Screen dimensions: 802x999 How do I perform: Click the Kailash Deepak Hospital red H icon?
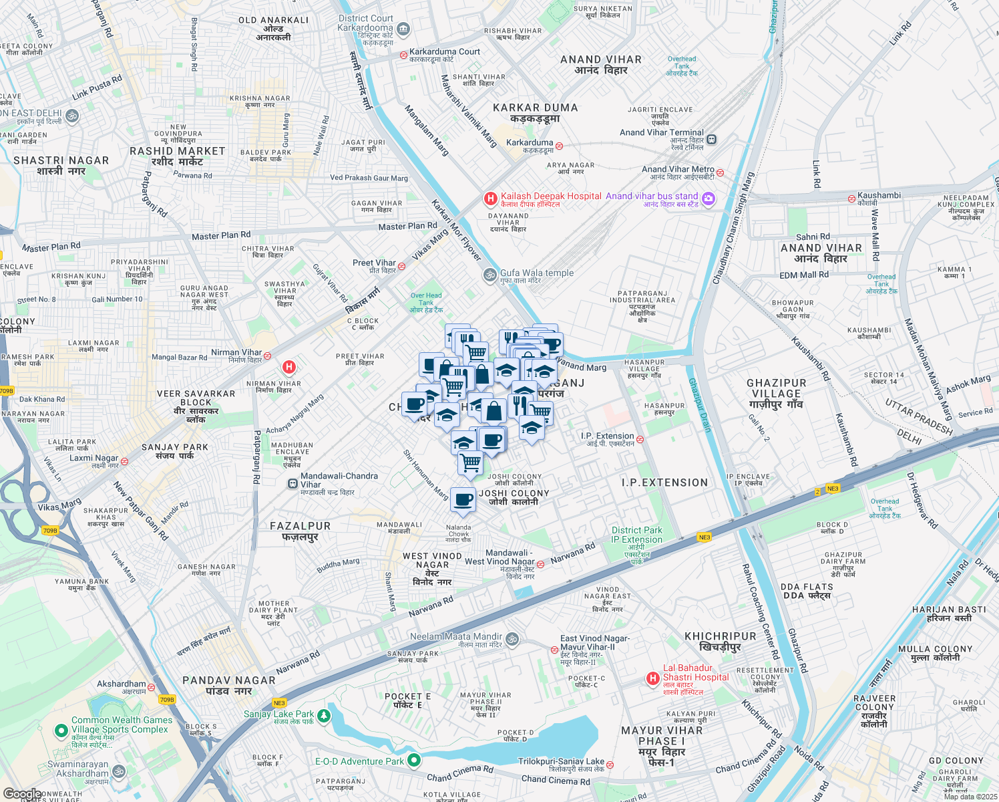pos(490,198)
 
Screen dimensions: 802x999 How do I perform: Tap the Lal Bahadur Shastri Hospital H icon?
pos(652,679)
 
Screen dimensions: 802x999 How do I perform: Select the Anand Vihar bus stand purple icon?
pos(709,198)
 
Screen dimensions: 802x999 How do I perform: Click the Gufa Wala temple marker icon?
pos(489,275)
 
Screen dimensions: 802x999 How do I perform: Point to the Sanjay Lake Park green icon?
pos(324,716)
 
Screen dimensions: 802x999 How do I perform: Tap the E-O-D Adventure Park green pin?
pos(414,760)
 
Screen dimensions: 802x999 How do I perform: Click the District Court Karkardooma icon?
pos(403,29)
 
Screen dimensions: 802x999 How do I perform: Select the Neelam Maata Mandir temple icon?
pos(512,639)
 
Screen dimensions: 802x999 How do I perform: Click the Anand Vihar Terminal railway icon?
pos(712,139)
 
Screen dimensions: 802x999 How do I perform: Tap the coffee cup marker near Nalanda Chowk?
pos(463,500)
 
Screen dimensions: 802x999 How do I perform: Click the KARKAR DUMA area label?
pos(535,108)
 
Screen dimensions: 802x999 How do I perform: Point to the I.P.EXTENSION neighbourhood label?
pos(664,483)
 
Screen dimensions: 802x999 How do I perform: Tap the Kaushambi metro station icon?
pos(851,198)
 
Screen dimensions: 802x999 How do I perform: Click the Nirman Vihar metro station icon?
pos(267,356)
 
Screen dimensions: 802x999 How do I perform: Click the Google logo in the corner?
pos(22,794)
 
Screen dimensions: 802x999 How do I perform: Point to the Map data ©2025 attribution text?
pos(970,797)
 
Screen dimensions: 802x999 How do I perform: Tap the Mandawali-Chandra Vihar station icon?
pos(292,483)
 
